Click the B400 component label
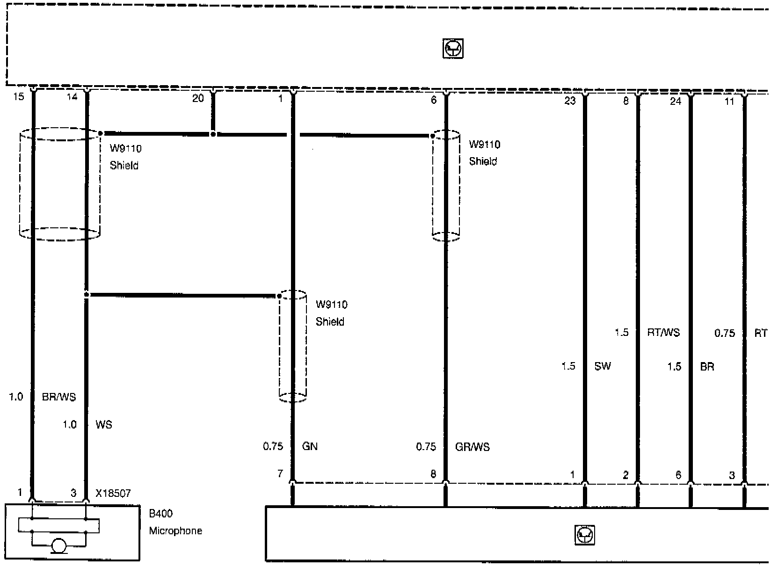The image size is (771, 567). (160, 514)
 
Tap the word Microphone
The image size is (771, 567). (175, 531)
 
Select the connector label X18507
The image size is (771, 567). (113, 494)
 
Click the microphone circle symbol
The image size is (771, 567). (59, 545)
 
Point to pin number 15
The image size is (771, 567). (19, 97)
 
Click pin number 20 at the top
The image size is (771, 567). (198, 98)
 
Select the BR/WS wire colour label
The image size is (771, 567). (59, 397)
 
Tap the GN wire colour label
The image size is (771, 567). (310, 446)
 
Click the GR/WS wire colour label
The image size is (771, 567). (472, 447)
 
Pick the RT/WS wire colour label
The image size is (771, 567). (663, 333)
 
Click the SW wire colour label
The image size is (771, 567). (603, 366)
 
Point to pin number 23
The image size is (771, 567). (570, 101)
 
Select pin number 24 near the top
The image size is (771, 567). (676, 101)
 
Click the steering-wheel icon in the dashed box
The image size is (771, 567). (453, 49)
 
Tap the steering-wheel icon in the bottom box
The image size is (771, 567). (585, 535)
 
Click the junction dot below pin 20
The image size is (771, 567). (213, 134)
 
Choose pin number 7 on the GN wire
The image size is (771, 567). (281, 474)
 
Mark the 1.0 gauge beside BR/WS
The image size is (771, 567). (16, 397)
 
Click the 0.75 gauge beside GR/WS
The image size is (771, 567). (426, 447)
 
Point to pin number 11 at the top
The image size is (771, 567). (729, 102)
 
